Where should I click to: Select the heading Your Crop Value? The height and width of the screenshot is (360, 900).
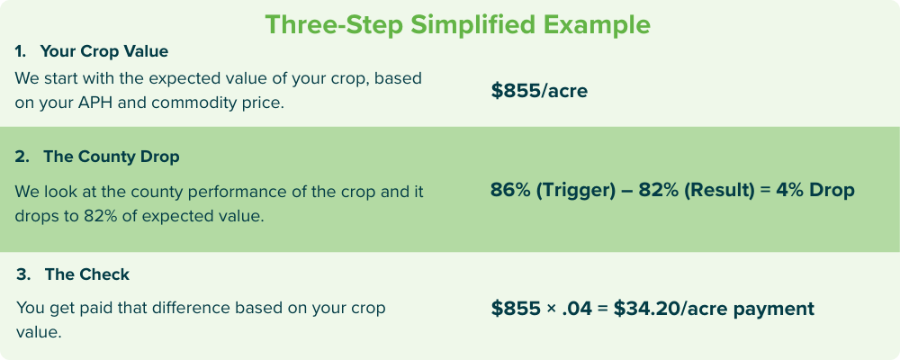[x=103, y=51]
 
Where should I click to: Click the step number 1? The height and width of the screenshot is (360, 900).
[x=20, y=51]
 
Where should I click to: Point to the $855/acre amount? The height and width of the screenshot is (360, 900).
[x=539, y=91]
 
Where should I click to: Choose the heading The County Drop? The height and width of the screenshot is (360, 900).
[x=112, y=157]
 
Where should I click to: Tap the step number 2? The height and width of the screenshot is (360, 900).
[x=22, y=157]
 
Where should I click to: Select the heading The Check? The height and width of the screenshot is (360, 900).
[x=87, y=274]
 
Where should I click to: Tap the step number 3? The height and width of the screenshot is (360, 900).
[x=23, y=274]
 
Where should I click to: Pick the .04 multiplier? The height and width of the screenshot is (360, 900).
[x=577, y=309]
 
